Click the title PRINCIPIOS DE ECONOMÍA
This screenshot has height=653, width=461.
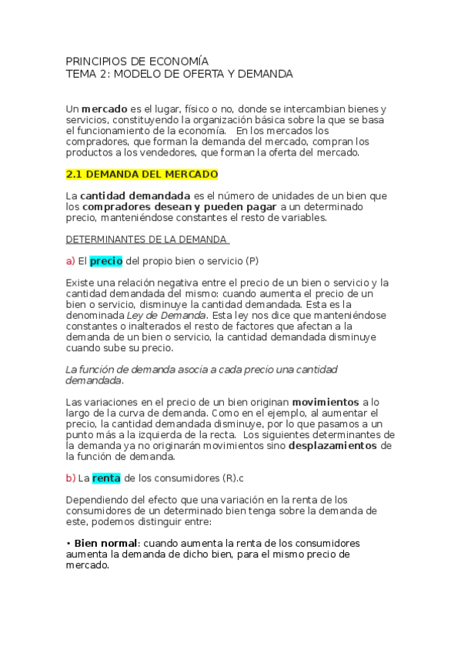pyautogui.click(x=137, y=61)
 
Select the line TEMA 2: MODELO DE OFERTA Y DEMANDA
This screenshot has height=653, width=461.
pyautogui.click(x=179, y=74)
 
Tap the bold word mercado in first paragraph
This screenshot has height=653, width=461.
pyautogui.click(x=105, y=109)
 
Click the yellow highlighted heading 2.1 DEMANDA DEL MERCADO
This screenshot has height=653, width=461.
pyautogui.click(x=142, y=174)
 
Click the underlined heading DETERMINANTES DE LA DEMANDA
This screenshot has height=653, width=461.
pyautogui.click(x=146, y=239)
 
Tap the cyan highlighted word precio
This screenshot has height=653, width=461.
pyautogui.click(x=106, y=261)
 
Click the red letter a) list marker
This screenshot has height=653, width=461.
pyautogui.click(x=70, y=261)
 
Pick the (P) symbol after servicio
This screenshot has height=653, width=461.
pyautogui.click(x=252, y=261)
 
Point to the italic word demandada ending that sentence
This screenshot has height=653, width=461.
pyautogui.click(x=94, y=380)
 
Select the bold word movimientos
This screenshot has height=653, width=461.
pyautogui.click(x=326, y=402)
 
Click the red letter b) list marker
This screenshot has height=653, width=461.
pyautogui.click(x=70, y=477)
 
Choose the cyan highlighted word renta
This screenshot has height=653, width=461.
pyautogui.click(x=106, y=477)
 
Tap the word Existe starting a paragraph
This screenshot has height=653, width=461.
pyautogui.click(x=82, y=283)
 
